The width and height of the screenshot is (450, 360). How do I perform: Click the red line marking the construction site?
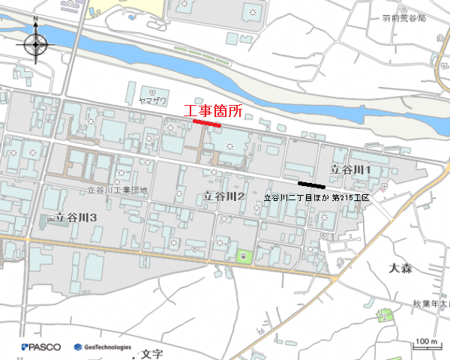[x=206, y=122]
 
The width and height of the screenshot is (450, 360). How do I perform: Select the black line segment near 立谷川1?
[x=311, y=184]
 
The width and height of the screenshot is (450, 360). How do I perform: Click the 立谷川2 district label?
[x=225, y=196]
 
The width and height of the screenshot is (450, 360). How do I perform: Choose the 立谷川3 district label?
[x=73, y=217]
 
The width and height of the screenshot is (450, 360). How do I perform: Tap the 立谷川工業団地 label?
[x=117, y=190]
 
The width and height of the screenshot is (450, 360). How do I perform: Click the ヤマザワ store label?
[x=153, y=100]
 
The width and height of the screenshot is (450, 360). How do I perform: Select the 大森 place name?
[x=403, y=268]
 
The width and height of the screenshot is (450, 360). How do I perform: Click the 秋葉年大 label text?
[x=429, y=304]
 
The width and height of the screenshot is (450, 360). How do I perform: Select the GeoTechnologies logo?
[x=103, y=347]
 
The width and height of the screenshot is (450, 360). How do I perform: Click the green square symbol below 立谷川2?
[x=244, y=256]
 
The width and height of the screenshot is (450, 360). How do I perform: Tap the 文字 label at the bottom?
[x=151, y=352]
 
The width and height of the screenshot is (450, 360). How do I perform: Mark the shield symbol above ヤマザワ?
[x=152, y=88]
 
